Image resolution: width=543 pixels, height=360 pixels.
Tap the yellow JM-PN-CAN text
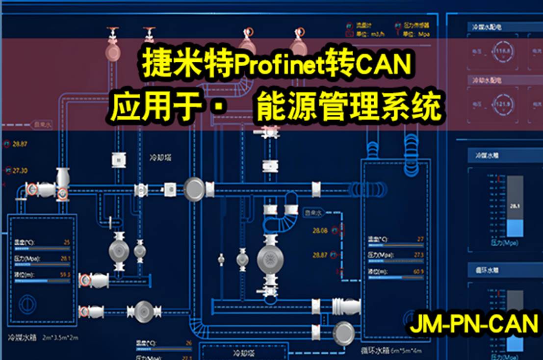[x=473, y=325]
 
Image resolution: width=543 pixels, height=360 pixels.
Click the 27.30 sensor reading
[x=20, y=170]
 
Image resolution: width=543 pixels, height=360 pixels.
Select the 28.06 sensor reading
[x=319, y=230]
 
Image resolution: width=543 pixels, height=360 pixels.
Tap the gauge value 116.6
[x=501, y=51]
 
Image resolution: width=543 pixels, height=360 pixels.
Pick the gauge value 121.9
[x=501, y=104]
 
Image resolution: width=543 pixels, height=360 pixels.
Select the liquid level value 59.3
[x=65, y=274]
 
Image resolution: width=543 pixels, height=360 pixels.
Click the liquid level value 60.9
[x=418, y=272]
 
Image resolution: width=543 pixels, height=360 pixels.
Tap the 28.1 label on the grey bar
[x=515, y=206]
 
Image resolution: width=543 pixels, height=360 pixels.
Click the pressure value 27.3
[x=419, y=255]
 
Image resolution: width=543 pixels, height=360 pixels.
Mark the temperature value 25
[x=67, y=242]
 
